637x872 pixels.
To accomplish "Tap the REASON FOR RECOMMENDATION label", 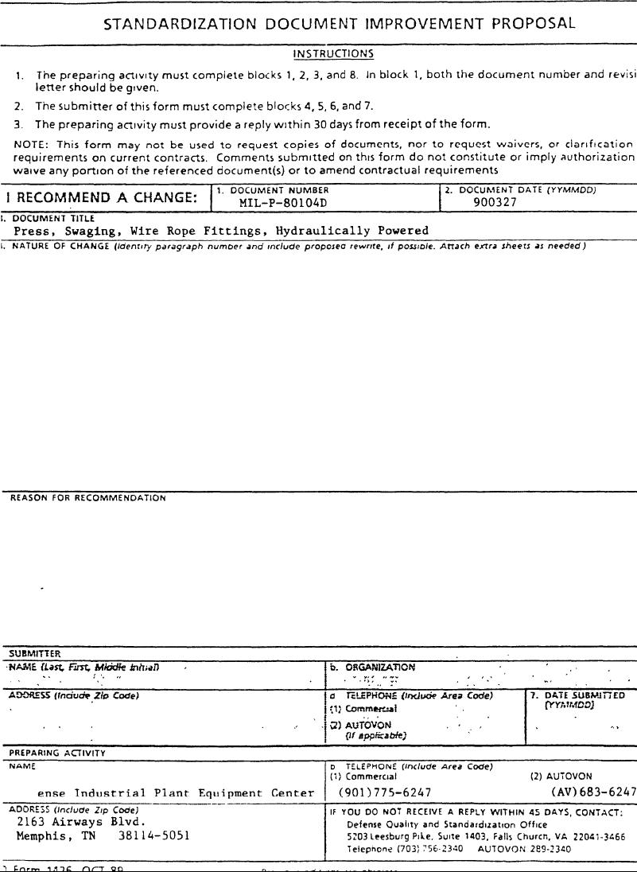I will pos(88,498).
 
